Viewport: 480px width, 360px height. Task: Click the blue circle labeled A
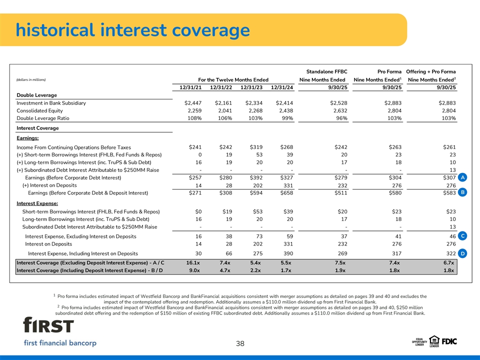[x=463, y=177]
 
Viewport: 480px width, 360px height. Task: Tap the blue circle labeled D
[x=463, y=254]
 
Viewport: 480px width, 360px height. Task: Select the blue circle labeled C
[x=463, y=235]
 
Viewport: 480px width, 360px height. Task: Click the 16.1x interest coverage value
[x=193, y=263]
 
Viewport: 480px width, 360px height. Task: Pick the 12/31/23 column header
[x=251, y=87]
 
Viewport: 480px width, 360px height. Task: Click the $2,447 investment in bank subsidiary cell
[x=192, y=103]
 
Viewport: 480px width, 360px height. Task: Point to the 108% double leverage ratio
[x=193, y=118]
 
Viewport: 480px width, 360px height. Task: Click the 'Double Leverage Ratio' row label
[x=43, y=118]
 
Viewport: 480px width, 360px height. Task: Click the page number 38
[x=240, y=343]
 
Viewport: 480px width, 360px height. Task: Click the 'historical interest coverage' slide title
[x=132, y=30]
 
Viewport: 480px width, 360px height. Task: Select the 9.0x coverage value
[x=195, y=271]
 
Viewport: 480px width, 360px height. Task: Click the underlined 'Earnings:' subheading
[x=28, y=138]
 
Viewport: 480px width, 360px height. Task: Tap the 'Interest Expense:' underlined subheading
[x=37, y=203]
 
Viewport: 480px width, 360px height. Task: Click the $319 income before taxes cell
[x=255, y=147]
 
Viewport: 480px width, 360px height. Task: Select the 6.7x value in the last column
[x=448, y=263]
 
